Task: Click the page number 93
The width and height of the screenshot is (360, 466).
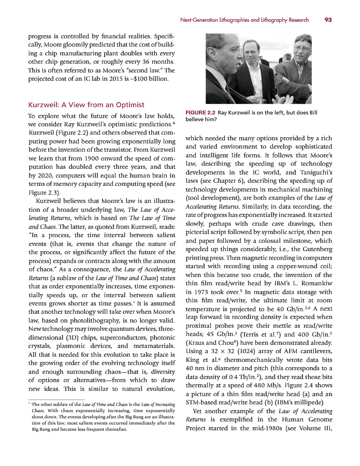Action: pos(327,20)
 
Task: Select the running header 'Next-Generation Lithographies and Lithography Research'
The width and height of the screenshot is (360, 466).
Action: pos(244,20)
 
